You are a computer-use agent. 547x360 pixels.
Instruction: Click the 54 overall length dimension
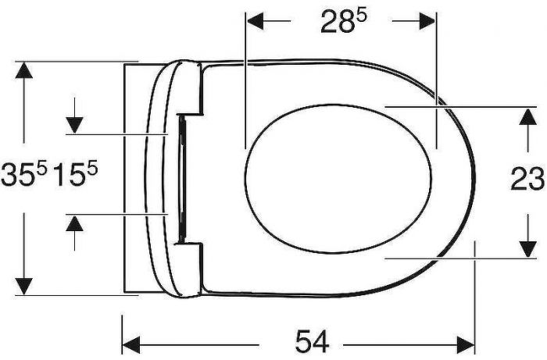click(x=313, y=342)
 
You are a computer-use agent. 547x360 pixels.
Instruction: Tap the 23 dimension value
click(x=527, y=179)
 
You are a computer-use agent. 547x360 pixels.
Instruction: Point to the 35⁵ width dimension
click(x=23, y=174)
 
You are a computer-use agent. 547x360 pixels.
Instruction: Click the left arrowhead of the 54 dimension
click(x=131, y=345)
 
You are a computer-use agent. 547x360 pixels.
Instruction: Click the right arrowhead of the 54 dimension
click(x=466, y=345)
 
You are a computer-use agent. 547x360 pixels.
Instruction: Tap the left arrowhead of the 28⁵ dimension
click(x=256, y=21)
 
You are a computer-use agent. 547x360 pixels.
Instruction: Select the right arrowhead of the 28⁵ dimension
click(x=427, y=21)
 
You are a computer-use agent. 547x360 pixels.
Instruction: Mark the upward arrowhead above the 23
click(x=527, y=116)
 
